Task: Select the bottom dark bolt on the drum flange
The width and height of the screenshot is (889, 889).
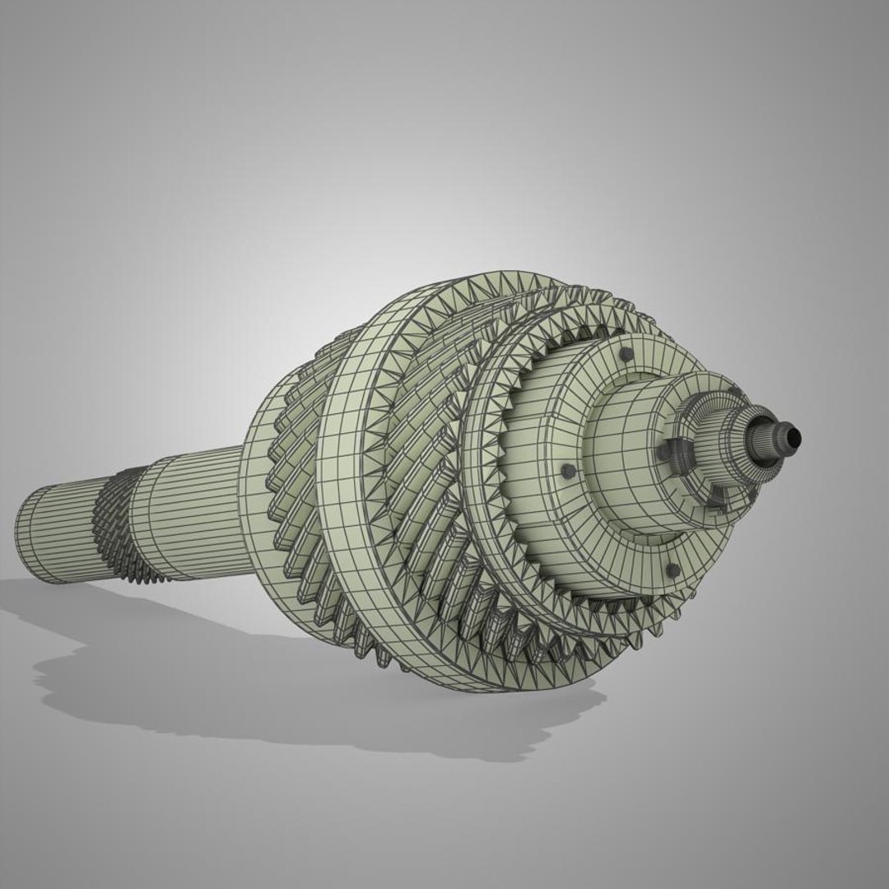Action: [x=673, y=570]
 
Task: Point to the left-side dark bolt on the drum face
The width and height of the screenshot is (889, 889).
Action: [x=566, y=471]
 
